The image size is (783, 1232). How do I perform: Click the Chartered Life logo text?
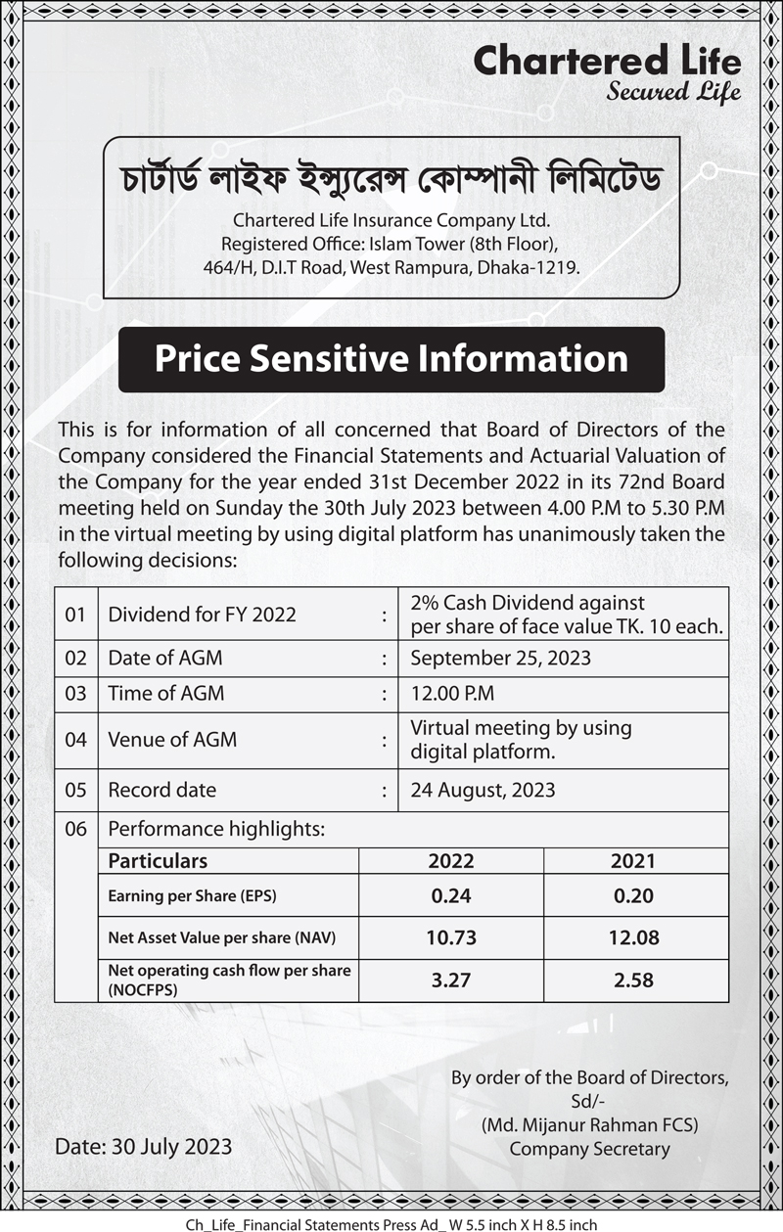coord(607,61)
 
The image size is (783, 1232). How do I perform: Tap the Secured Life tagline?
coord(673,94)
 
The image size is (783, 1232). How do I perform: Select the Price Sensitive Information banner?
coord(391,359)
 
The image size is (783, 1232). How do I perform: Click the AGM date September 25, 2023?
coord(500,658)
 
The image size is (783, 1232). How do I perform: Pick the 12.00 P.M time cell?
coord(452,694)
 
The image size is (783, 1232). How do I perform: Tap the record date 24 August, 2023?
coord(483,790)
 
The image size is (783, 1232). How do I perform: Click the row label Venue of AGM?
coord(172,740)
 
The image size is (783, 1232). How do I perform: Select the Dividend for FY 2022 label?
coord(202,616)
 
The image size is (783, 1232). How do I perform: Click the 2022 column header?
coord(451,861)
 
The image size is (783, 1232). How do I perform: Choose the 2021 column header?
coord(633,861)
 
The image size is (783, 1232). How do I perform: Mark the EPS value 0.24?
coord(451,895)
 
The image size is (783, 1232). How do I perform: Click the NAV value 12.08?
coord(633,937)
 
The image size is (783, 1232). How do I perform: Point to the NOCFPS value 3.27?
coord(451,980)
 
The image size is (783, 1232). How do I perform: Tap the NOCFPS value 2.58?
coord(633,980)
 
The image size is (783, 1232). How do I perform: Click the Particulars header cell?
coord(158,861)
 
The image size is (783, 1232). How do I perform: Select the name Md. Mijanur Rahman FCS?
coord(589,1125)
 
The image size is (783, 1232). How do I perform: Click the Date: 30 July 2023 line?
coord(144,1146)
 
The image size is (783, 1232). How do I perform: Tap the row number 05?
coord(76,790)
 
